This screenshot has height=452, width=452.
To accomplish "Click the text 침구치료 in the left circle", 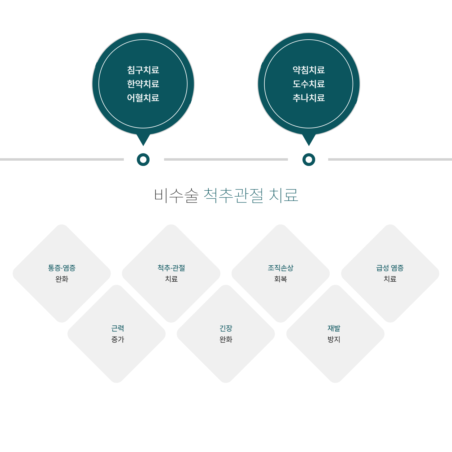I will [x=143, y=70].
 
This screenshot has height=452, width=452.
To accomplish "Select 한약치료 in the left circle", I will [x=143, y=84].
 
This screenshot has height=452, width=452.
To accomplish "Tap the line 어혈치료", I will [x=143, y=98].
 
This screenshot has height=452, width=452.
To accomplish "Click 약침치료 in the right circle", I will [x=309, y=70].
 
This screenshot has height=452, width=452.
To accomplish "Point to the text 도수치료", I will [x=309, y=84].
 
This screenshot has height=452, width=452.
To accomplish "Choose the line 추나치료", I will [x=309, y=98].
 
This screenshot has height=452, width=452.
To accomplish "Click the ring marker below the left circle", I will [x=143, y=159].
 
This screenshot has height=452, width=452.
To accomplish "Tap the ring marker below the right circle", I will [x=309, y=159].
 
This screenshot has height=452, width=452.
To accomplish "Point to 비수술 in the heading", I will [x=176, y=195].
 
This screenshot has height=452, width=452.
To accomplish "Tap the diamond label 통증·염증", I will [x=62, y=268].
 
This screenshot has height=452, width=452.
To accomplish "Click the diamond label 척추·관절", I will [x=171, y=268].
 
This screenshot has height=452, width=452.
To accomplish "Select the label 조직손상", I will [x=280, y=268].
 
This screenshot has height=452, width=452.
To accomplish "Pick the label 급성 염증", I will [x=390, y=268].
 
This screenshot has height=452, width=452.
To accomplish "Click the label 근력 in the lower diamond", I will [x=118, y=328].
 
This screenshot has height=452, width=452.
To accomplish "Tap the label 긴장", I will [x=226, y=328].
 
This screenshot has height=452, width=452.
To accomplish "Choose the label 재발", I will [x=334, y=328].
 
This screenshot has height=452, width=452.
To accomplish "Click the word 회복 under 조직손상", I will [x=280, y=279].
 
